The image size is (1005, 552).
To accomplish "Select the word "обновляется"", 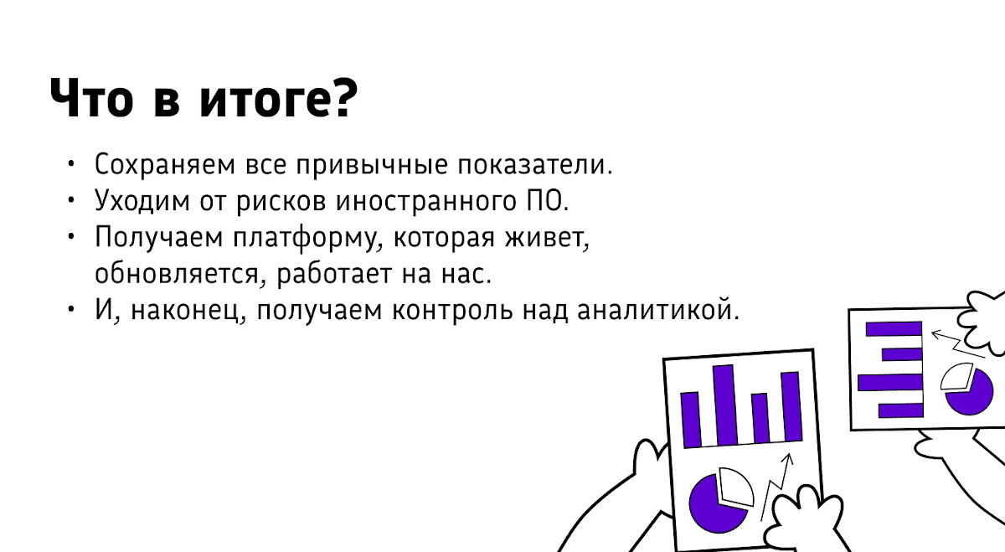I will point(179,274).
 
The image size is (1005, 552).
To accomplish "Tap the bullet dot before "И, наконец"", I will point(72,309).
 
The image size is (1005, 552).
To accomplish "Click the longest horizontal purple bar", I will point(889,384).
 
